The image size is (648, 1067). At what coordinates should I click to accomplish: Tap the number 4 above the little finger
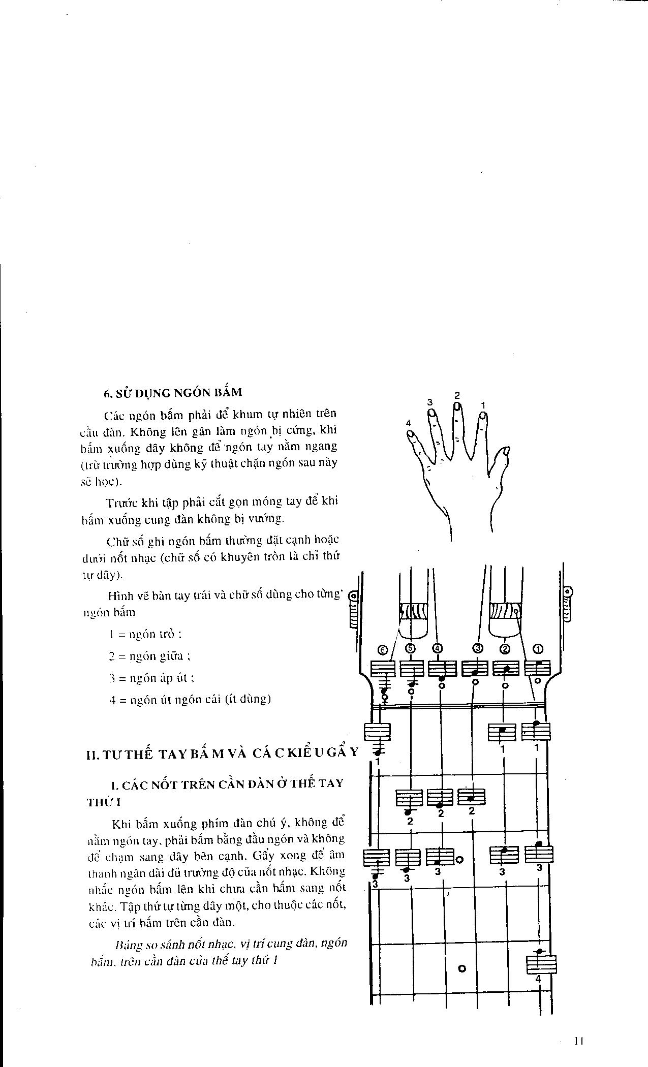click(408, 423)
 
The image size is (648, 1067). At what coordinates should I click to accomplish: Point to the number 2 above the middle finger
click(457, 395)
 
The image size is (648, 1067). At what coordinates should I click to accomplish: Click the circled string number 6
click(383, 649)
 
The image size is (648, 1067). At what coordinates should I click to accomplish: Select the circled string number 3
click(477, 648)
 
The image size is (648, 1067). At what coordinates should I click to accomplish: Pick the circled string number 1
click(538, 648)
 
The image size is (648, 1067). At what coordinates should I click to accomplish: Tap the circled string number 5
click(411, 648)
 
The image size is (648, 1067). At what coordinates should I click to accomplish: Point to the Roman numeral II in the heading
click(92, 755)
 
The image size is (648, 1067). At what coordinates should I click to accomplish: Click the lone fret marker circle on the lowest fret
click(462, 968)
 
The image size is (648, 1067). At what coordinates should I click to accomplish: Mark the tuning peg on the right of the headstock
click(567, 605)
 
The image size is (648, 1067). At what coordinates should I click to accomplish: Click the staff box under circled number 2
click(506, 668)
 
